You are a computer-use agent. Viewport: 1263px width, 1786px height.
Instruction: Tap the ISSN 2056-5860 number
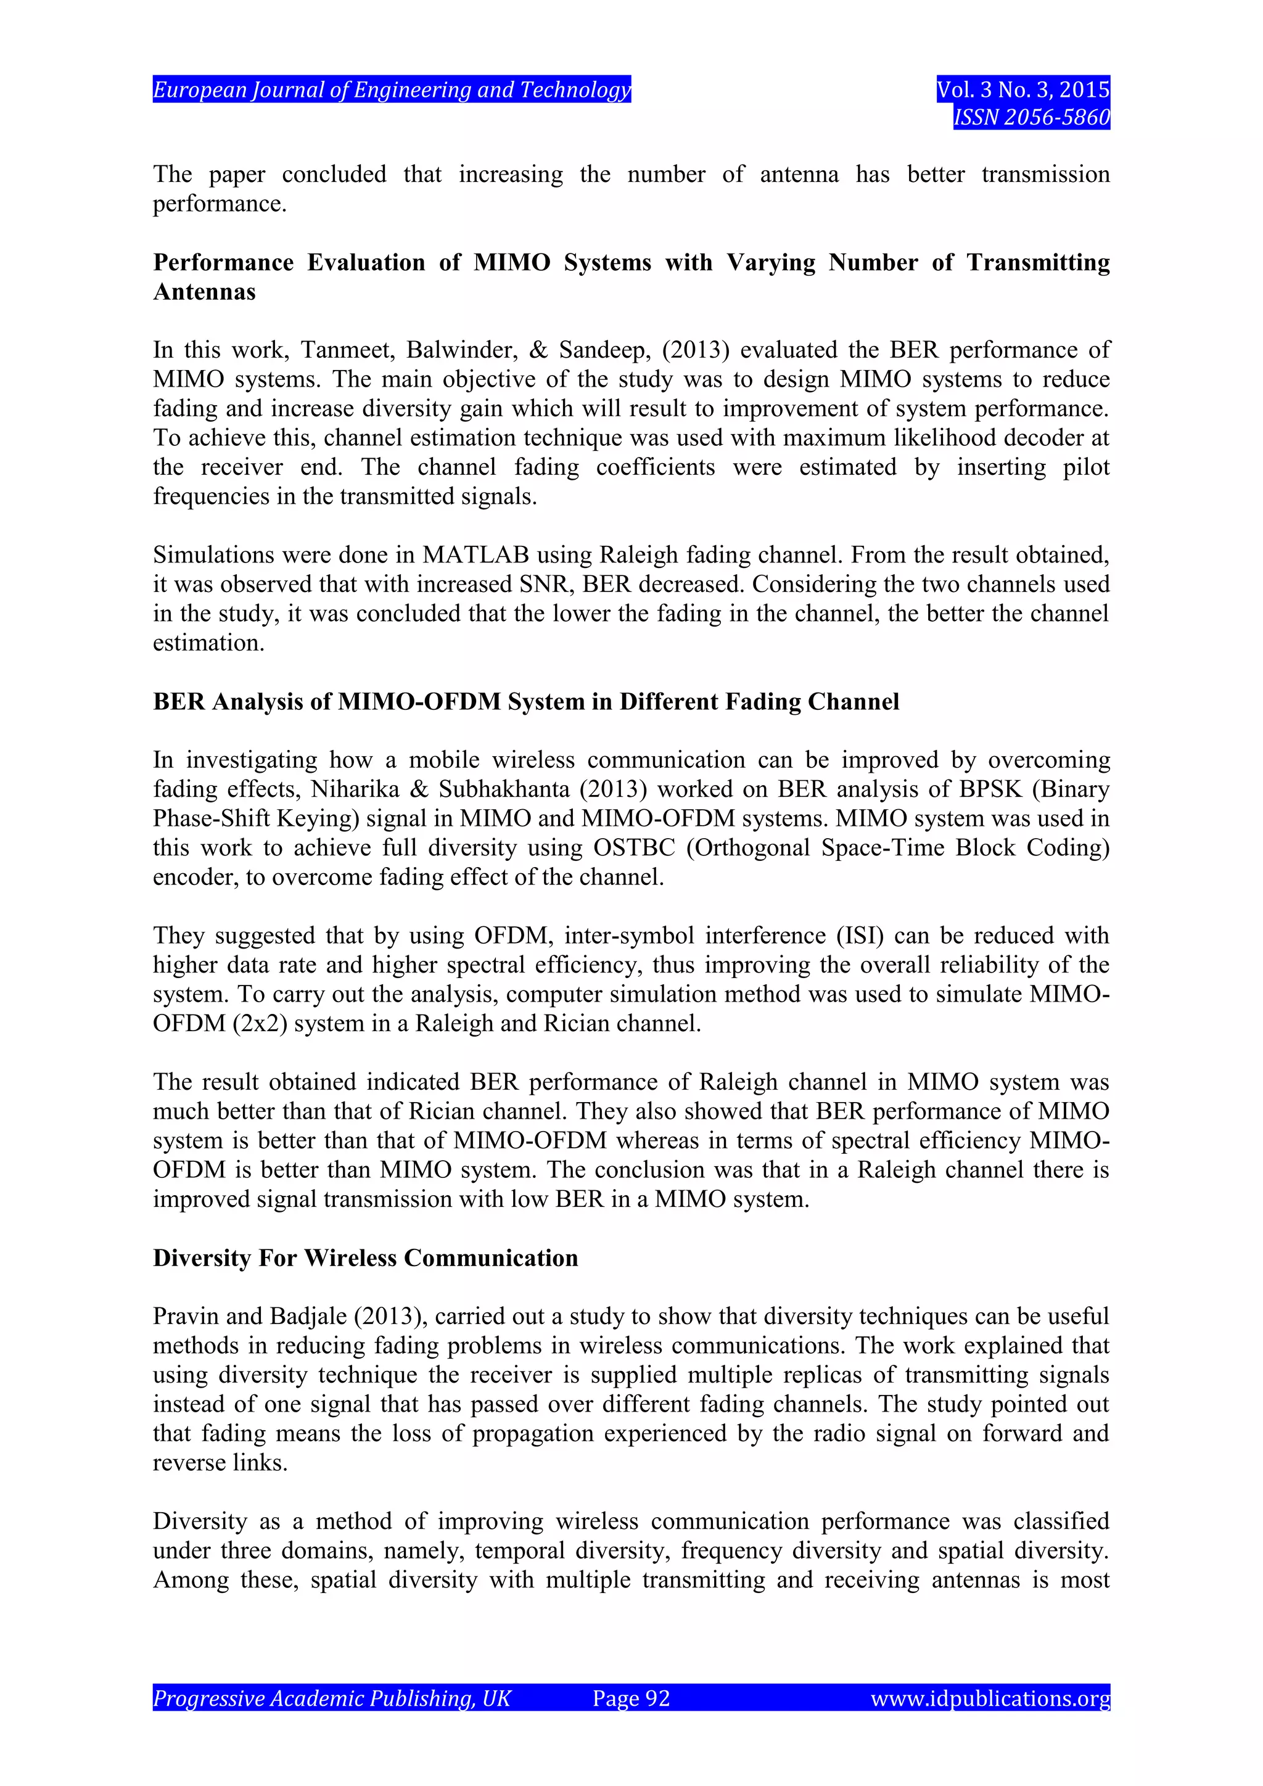[x=1031, y=117]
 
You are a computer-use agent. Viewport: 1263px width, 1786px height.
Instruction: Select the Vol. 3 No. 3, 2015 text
[x=1022, y=90]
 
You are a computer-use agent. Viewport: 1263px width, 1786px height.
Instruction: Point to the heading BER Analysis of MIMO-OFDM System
[x=525, y=702]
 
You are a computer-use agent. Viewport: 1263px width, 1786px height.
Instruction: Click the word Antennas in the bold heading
[x=205, y=292]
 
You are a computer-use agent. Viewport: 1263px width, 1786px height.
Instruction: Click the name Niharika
[x=355, y=789]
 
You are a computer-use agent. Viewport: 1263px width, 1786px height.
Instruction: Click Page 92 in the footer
[x=631, y=1698]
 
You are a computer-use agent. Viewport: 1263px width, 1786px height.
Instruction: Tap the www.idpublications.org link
[x=989, y=1698]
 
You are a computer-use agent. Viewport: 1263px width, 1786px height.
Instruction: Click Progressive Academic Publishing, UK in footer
[x=332, y=1698]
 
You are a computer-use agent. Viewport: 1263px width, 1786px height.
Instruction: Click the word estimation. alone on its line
[x=208, y=643]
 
